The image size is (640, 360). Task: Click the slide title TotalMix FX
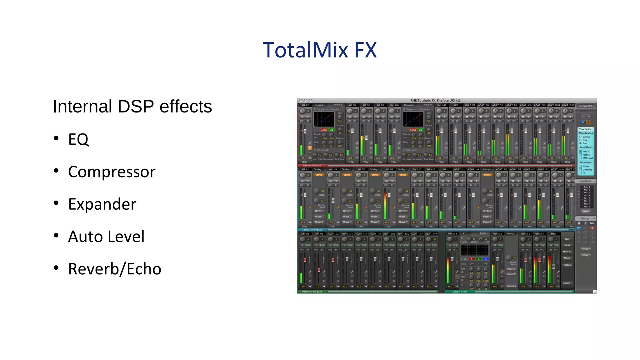320,50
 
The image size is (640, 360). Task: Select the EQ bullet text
78,139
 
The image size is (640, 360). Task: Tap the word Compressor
112,172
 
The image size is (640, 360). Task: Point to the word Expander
102,204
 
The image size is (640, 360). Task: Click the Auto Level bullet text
106,237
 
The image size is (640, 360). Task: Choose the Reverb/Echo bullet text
115,269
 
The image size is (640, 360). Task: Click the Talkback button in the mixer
567,265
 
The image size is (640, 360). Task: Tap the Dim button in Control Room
567,239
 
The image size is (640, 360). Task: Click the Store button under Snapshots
585,212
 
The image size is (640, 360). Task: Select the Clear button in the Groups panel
586,255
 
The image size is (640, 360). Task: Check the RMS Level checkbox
581,158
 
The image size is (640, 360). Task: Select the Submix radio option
581,137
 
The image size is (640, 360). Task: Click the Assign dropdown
567,283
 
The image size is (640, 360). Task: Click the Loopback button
512,286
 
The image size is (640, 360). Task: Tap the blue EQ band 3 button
486,259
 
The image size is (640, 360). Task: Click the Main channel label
553,234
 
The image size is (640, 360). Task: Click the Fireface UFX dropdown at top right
586,106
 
